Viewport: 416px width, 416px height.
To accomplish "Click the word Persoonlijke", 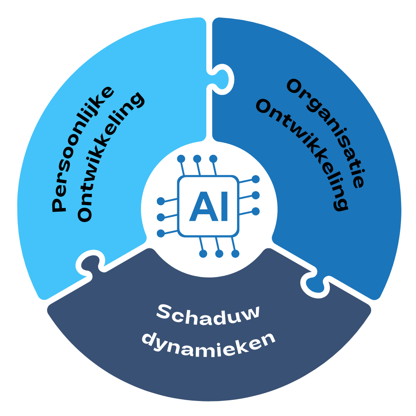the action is point(83,149).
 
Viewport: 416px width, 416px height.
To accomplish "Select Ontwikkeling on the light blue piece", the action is point(111,156).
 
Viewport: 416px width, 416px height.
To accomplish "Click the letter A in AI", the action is point(204,206).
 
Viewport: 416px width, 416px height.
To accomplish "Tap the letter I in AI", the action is point(225,206).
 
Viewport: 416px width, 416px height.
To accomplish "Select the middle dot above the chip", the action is point(197,159).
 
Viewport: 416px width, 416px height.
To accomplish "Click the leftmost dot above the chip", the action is point(181,159).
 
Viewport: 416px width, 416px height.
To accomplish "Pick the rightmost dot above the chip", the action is point(213,159).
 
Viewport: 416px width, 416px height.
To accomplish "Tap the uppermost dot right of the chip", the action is point(255,179).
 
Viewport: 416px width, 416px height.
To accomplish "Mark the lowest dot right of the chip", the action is point(255,211).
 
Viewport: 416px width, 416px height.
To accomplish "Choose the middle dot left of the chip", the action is point(161,217).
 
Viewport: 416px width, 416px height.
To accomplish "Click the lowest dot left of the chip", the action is point(161,233).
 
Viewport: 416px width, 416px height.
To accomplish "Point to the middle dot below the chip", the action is point(219,254).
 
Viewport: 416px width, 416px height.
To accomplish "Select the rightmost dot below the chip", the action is point(235,254).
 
